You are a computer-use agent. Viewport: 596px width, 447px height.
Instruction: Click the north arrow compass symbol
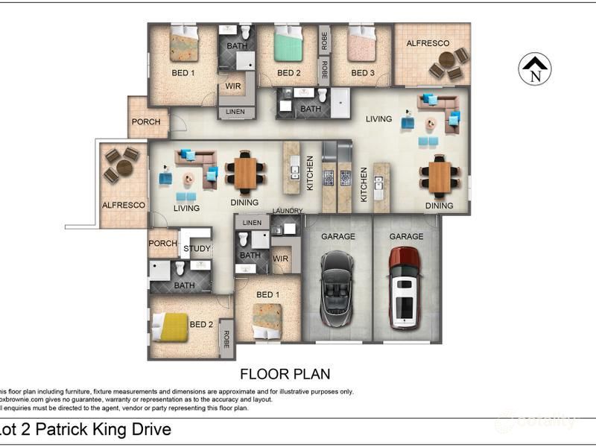click(x=534, y=69)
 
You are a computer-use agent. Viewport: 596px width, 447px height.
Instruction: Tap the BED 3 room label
click(x=362, y=73)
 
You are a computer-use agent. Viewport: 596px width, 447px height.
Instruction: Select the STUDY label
click(x=197, y=249)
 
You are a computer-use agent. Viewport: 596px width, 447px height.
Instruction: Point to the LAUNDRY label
click(x=288, y=212)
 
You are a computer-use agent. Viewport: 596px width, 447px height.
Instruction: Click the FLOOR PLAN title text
click(x=285, y=374)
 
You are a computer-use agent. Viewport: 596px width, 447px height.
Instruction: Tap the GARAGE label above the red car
click(x=407, y=237)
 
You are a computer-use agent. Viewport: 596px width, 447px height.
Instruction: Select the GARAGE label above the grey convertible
click(x=337, y=237)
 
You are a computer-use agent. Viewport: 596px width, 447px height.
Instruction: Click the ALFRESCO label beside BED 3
click(x=428, y=44)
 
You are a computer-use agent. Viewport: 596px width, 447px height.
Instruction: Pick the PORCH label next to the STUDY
click(x=163, y=244)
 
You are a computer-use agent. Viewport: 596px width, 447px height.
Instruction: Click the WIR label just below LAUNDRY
click(x=281, y=259)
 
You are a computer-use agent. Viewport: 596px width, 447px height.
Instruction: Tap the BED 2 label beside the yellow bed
click(x=201, y=325)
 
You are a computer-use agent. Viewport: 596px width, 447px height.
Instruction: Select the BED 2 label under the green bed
click(x=288, y=73)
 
